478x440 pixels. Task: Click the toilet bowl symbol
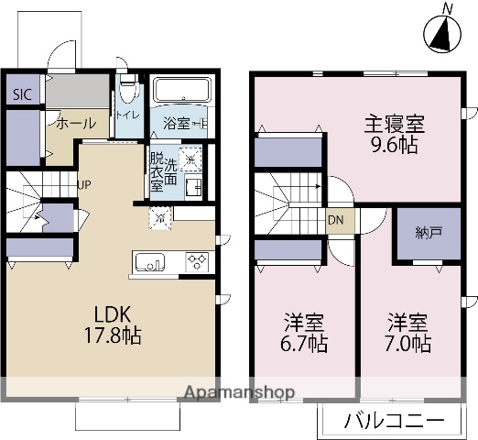pos(127,92)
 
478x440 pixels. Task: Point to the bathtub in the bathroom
pos(182,93)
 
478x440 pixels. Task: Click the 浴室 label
pos(176,122)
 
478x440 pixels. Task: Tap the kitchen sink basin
pos(148,263)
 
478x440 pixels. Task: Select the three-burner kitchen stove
pos(198,262)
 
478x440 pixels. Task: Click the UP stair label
pos(83,183)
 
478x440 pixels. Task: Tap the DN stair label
pos(337,221)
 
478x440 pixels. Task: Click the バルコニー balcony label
pos(395,422)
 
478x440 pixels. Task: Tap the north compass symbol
pos(444,33)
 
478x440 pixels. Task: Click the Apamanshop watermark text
pos(239,392)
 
